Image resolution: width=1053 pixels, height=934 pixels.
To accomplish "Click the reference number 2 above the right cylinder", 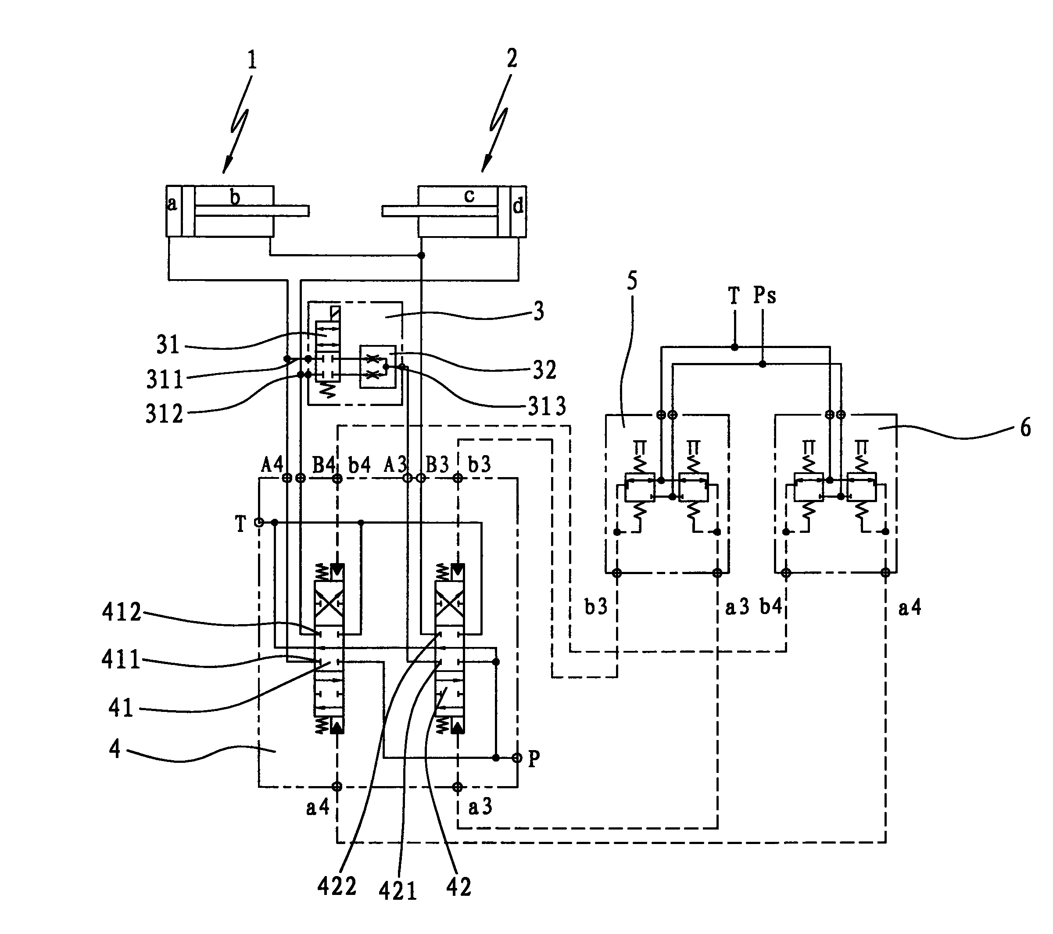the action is tap(512, 58).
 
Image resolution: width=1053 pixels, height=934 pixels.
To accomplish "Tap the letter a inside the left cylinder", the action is tap(172, 204).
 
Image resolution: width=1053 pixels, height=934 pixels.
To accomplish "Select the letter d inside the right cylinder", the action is tap(518, 206).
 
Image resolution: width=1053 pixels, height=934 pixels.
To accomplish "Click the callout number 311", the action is tap(165, 380).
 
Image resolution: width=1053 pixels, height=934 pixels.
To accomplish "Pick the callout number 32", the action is tap(544, 370).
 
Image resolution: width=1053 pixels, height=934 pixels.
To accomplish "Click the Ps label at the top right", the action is tap(764, 295).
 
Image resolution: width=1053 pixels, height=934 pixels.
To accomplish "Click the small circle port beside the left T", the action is tap(260, 522).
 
